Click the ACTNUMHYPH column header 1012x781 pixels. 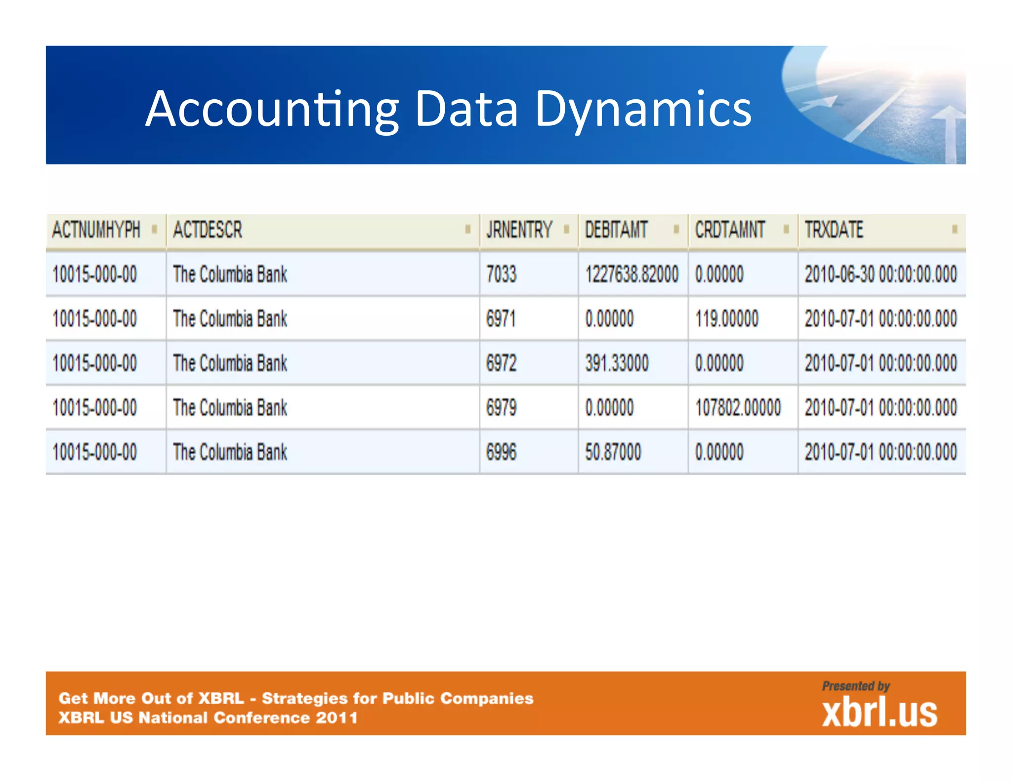(x=96, y=230)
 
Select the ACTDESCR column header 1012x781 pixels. (x=208, y=230)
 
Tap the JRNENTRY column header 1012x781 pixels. (x=519, y=230)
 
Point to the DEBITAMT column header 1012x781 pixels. (x=616, y=230)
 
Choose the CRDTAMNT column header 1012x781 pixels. (x=730, y=230)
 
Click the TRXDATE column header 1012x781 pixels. (x=834, y=230)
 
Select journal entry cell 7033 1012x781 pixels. (x=501, y=274)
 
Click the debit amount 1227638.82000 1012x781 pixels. (x=632, y=274)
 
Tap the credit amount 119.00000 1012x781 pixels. (x=726, y=319)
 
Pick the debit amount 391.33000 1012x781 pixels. (x=617, y=363)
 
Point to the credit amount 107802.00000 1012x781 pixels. (x=738, y=408)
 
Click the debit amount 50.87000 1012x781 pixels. (x=613, y=452)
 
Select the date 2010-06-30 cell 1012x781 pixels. (x=881, y=274)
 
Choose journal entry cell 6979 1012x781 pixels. (x=501, y=408)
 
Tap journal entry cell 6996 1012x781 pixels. (x=501, y=452)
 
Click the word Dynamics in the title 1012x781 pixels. (x=643, y=110)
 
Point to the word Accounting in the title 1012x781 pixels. (x=272, y=110)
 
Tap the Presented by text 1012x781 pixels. (x=856, y=686)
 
